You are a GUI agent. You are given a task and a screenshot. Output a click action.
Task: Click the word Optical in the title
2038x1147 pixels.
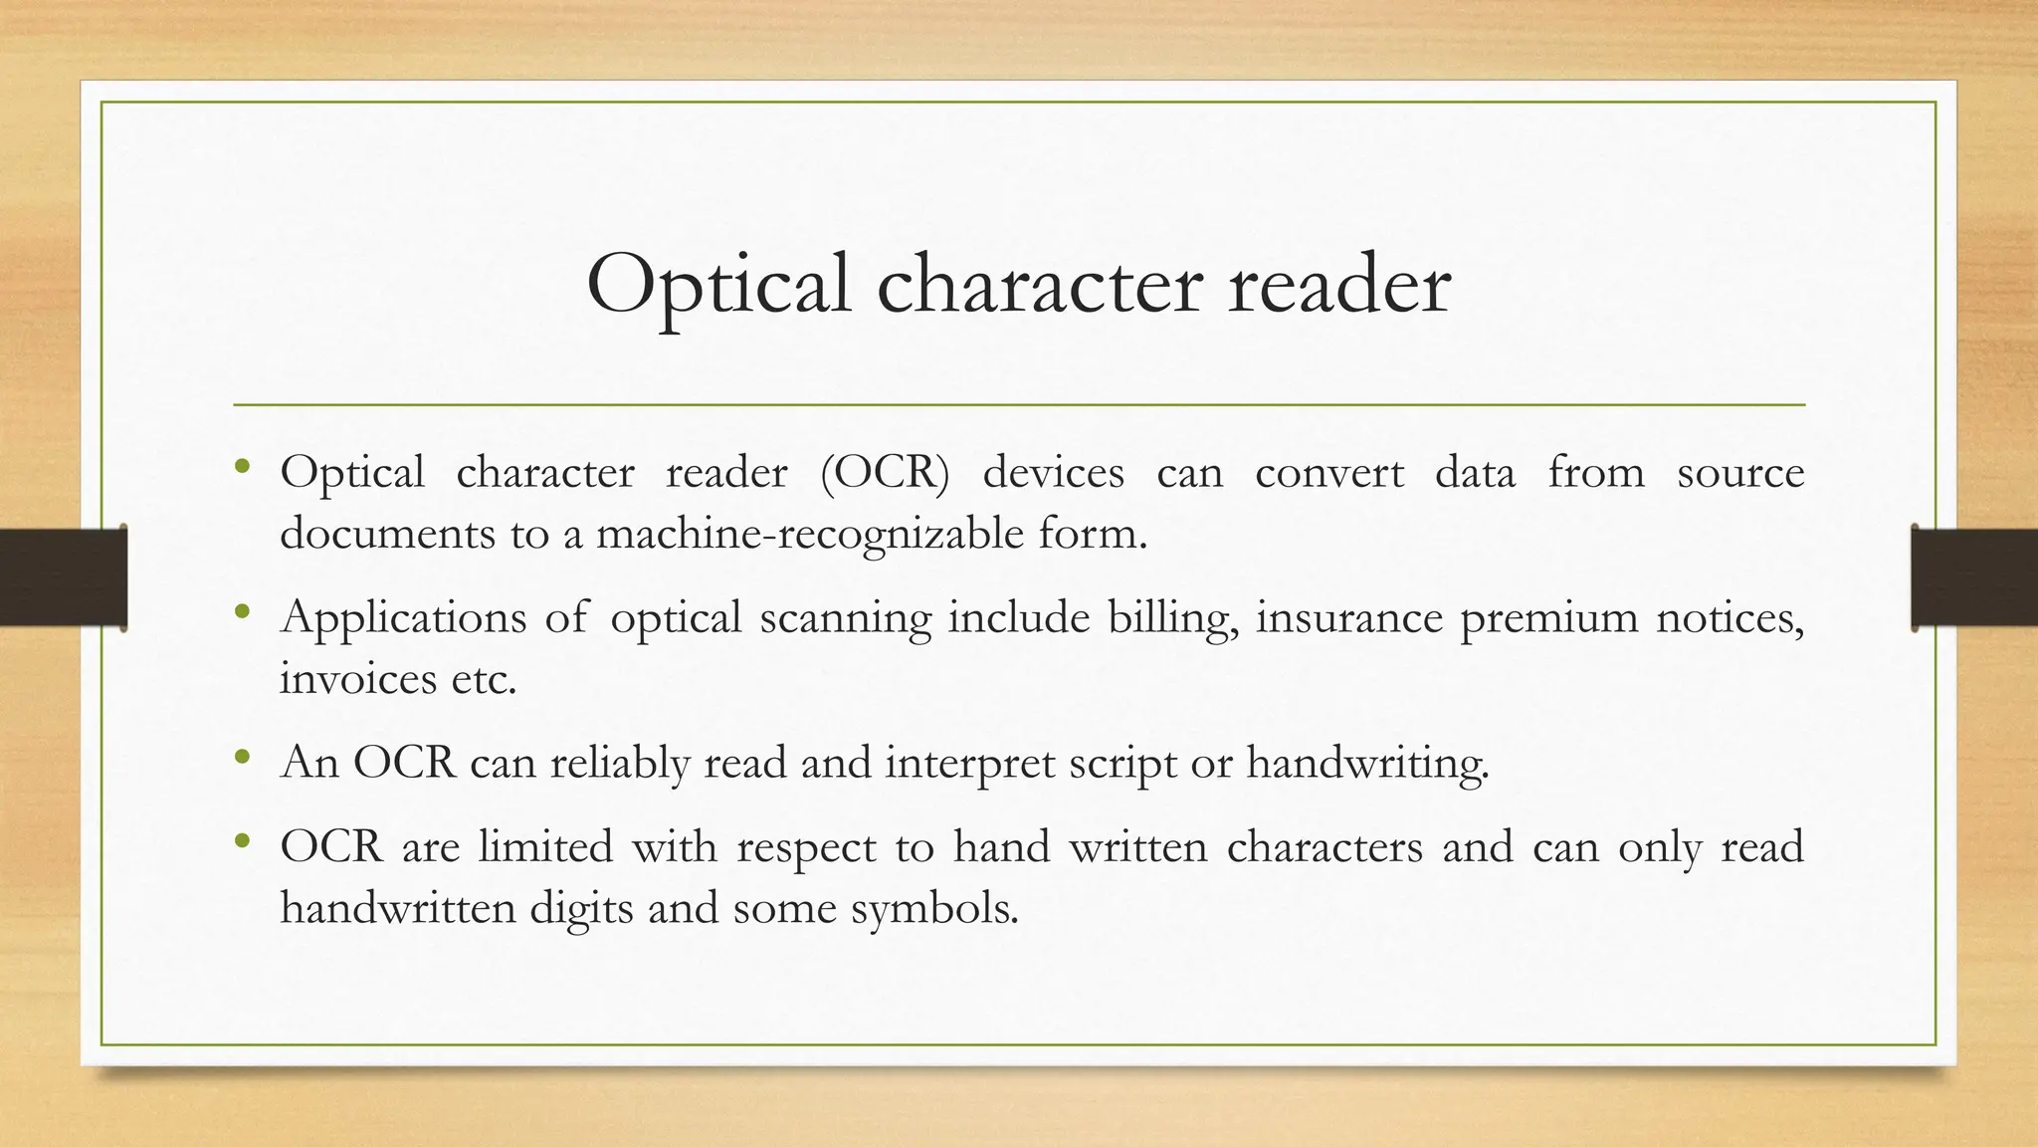(718, 286)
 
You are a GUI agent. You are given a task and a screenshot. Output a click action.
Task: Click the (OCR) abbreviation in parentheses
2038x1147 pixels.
(885, 472)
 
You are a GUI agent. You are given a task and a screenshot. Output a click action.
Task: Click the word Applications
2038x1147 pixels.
(403, 618)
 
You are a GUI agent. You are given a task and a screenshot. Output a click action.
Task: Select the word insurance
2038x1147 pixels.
(1348, 618)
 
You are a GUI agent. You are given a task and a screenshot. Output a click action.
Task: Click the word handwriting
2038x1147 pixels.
(1367, 764)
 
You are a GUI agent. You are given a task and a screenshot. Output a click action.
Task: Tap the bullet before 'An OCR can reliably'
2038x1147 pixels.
(241, 759)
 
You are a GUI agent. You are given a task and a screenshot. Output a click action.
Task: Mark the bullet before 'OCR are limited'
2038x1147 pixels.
(241, 842)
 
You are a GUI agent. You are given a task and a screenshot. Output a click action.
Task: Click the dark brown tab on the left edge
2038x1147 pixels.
(63, 577)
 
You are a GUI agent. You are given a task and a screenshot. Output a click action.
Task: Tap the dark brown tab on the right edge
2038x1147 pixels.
(1974, 577)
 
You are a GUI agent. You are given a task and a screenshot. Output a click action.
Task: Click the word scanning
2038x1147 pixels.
(845, 618)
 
